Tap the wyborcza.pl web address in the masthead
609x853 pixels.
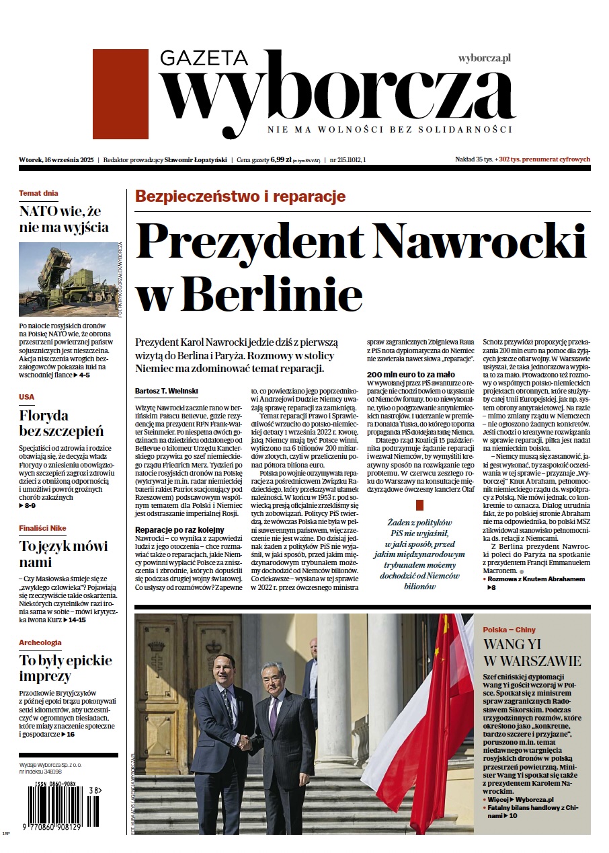[484, 59]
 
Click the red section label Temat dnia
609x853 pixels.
[38, 193]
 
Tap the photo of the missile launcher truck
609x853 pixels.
[69, 279]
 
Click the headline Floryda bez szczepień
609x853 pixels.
[61, 422]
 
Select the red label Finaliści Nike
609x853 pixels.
[43, 528]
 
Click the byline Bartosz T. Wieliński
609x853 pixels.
[166, 392]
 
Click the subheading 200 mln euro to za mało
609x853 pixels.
[411, 374]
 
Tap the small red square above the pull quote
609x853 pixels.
[420, 505]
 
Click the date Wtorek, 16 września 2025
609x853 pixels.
[56, 160]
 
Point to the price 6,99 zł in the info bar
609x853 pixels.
[281, 160]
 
